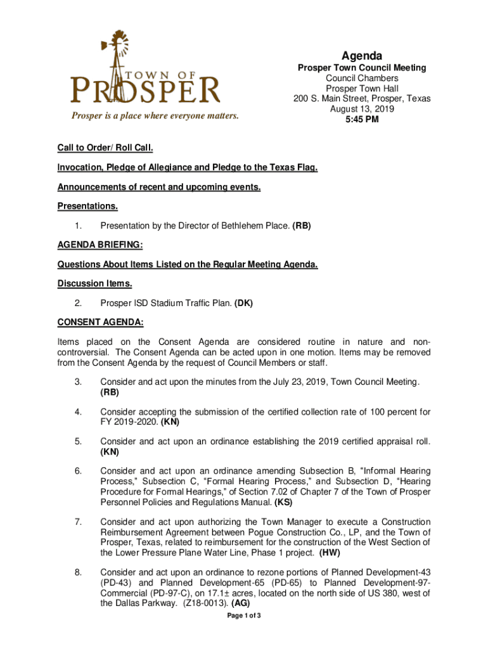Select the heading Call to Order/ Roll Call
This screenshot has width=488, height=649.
(x=105, y=148)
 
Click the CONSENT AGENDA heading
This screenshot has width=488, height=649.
(x=100, y=323)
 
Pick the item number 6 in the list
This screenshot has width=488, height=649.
(x=77, y=471)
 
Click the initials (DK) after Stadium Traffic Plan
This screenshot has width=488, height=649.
(x=243, y=303)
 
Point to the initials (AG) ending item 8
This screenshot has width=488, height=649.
(x=238, y=603)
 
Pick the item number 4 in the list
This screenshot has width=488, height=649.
(x=77, y=413)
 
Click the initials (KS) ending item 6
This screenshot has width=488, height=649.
(x=283, y=503)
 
